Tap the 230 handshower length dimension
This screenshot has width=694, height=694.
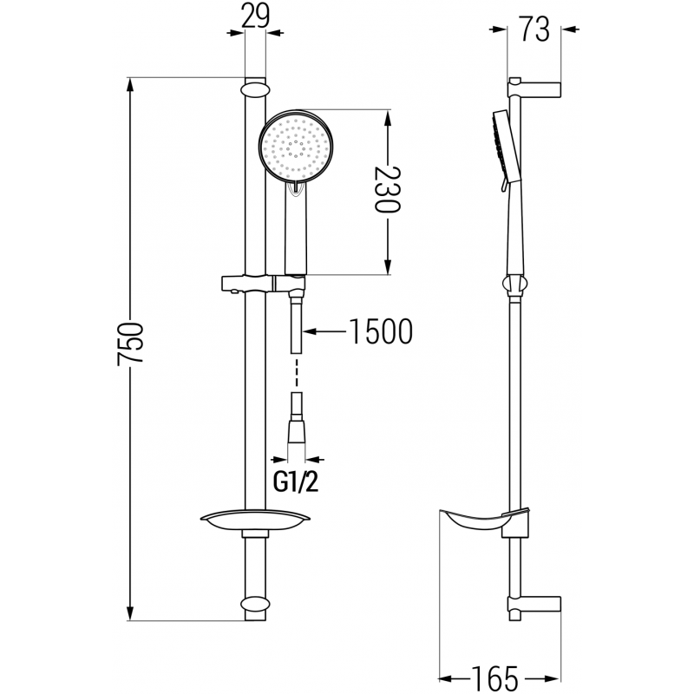[387, 191]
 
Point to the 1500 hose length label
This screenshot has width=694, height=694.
[379, 331]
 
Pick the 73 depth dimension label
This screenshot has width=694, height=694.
[536, 29]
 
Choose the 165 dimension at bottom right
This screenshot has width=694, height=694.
[496, 674]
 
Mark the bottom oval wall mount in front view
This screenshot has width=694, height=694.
[254, 605]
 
